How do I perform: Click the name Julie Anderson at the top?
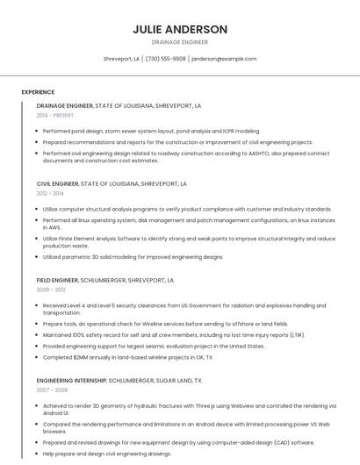180,29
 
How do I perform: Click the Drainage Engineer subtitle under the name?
180,41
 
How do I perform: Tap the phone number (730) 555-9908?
166,59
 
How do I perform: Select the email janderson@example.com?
224,59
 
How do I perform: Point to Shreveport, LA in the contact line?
121,59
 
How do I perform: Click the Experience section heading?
38,92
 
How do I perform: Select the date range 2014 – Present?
55,115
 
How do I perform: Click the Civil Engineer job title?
56,184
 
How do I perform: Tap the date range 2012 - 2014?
50,193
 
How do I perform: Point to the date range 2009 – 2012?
51,289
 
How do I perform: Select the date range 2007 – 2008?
52,390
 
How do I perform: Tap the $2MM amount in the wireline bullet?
83,357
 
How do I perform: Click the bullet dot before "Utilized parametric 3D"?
37,257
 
